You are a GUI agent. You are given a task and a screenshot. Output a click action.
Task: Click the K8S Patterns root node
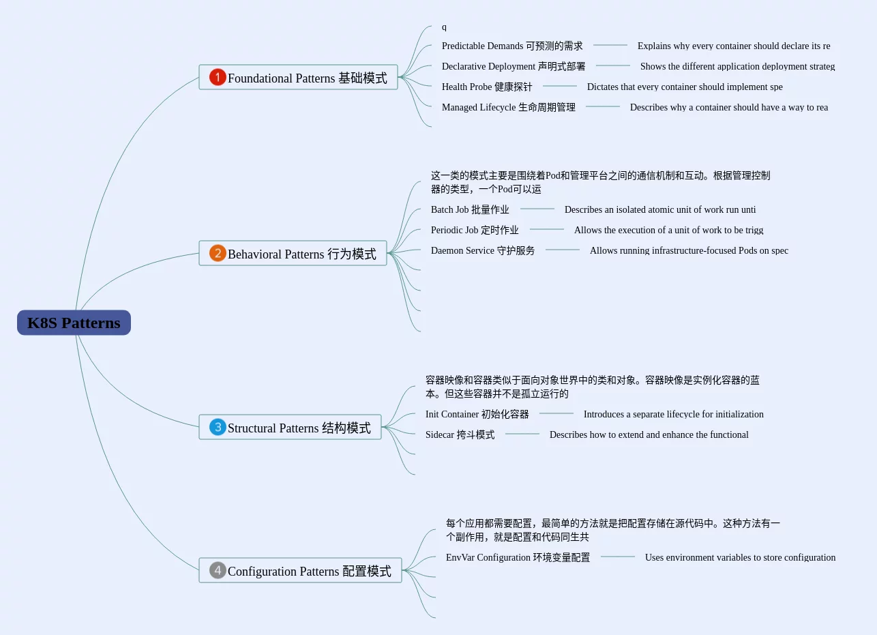click(x=74, y=323)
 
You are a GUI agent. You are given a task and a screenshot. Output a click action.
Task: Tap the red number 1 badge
click(x=218, y=77)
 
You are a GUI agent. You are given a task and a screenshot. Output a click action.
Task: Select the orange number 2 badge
click(x=218, y=253)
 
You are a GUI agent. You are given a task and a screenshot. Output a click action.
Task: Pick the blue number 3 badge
click(x=218, y=427)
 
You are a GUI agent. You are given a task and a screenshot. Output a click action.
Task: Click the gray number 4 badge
click(x=218, y=570)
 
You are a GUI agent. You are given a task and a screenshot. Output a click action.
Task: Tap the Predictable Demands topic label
click(x=512, y=46)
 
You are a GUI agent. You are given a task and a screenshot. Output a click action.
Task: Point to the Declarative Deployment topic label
click(x=514, y=66)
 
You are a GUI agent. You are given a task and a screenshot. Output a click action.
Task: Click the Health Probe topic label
click(x=487, y=87)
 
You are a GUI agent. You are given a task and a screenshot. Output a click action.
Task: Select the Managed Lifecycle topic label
click(x=509, y=107)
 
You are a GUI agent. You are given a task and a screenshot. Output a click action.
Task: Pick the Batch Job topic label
click(x=470, y=209)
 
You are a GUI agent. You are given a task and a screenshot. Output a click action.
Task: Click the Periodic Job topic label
click(x=475, y=230)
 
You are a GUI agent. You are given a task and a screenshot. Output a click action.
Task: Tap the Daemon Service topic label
click(x=483, y=250)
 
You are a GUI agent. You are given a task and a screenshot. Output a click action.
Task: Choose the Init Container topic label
click(x=477, y=414)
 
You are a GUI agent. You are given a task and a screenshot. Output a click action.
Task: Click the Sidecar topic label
click(x=460, y=434)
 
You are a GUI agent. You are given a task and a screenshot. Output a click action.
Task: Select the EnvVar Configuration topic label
click(x=518, y=557)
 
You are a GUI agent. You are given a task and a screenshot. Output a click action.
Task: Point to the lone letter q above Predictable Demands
click(x=444, y=27)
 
